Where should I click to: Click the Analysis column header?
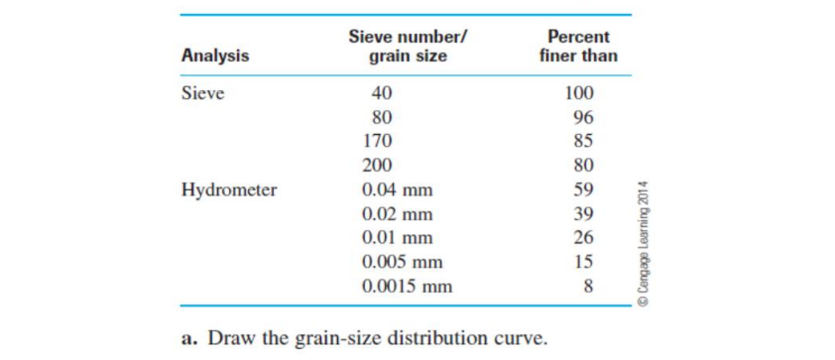coord(215,57)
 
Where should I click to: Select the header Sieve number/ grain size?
coord(408,47)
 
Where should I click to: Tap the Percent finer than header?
coord(578,47)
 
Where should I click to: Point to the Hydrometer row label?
coord(229,189)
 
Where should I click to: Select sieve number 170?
coord(378,141)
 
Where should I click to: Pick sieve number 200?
coord(378,166)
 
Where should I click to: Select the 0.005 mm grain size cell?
coord(403,263)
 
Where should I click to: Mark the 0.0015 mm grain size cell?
coord(408,288)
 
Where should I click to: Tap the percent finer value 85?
coord(583,141)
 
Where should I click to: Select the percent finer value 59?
coord(583,189)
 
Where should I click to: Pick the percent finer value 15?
coord(583,263)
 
